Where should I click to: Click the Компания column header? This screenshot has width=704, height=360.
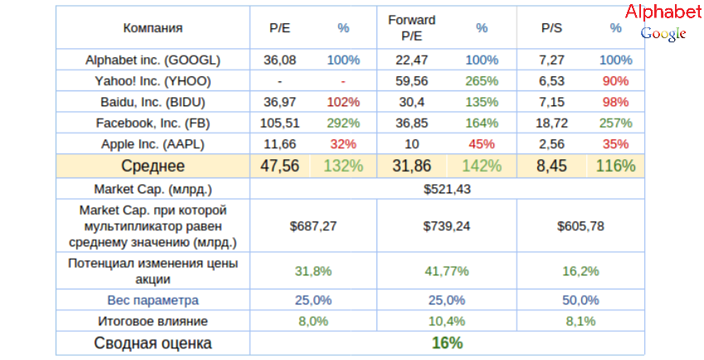click(153, 28)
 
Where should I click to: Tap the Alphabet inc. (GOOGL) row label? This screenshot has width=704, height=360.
click(153, 61)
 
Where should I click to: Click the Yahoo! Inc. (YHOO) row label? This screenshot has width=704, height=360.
click(153, 81)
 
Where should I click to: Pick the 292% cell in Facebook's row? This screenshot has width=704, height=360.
click(343, 123)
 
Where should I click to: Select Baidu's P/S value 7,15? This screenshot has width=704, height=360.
click(551, 102)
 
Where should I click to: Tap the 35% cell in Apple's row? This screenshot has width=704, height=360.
click(615, 144)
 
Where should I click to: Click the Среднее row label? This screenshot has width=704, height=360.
click(153, 165)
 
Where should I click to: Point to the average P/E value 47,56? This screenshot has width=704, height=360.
click(280, 165)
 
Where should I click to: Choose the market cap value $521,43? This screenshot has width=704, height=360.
click(447, 189)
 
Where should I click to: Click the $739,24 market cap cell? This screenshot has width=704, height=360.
click(447, 225)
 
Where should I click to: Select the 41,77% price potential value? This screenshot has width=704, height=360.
click(447, 271)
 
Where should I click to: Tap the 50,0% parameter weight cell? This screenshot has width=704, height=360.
click(580, 299)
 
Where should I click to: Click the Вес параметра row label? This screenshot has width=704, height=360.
click(153, 299)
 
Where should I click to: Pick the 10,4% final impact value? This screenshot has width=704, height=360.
click(447, 321)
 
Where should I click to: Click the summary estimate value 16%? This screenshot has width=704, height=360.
click(447, 343)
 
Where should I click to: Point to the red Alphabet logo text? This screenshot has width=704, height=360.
click(663, 12)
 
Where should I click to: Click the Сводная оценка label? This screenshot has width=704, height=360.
click(153, 343)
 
